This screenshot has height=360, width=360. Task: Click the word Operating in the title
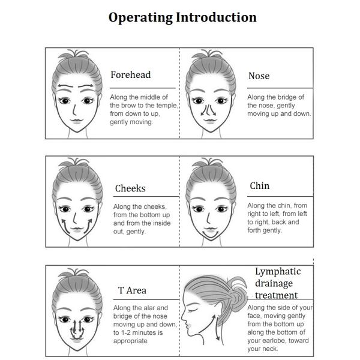pyautogui.click(x=140, y=18)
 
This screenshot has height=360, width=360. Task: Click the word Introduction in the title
pyautogui.click(x=216, y=17)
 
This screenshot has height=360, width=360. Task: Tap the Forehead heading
pyautogui.click(x=131, y=75)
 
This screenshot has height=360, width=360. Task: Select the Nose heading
pyautogui.click(x=259, y=76)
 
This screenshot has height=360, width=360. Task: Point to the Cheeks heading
pyautogui.click(x=130, y=188)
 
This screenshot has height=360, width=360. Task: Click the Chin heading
pyautogui.click(x=260, y=186)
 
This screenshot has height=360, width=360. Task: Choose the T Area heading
pyautogui.click(x=132, y=290)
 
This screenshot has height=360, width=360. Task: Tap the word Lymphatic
pyautogui.click(x=278, y=272)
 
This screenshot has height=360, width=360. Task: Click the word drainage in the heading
pyautogui.click(x=274, y=284)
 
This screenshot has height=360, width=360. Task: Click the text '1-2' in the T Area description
pyautogui.click(x=127, y=332)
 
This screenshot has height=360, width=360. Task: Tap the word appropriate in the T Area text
pyautogui.click(x=130, y=341)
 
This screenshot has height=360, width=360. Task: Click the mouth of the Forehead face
pyautogui.click(x=77, y=121)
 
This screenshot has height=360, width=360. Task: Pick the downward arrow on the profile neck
pyautogui.click(x=216, y=328)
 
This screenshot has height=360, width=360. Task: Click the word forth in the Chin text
pyautogui.click(x=254, y=230)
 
